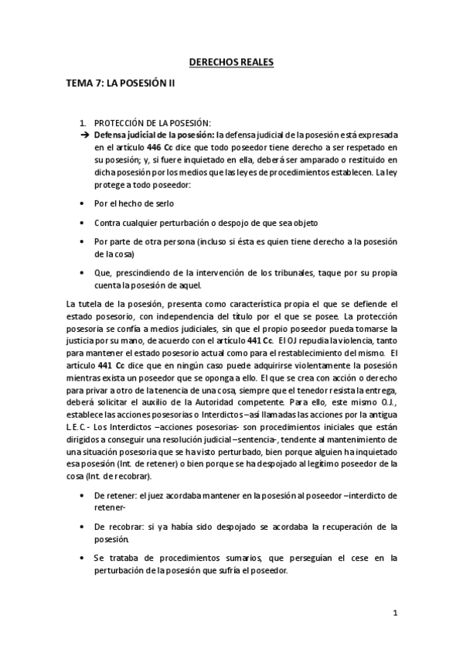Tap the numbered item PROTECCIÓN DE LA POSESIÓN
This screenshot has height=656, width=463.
(x=151, y=122)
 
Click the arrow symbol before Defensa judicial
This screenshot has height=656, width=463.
(x=85, y=134)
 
